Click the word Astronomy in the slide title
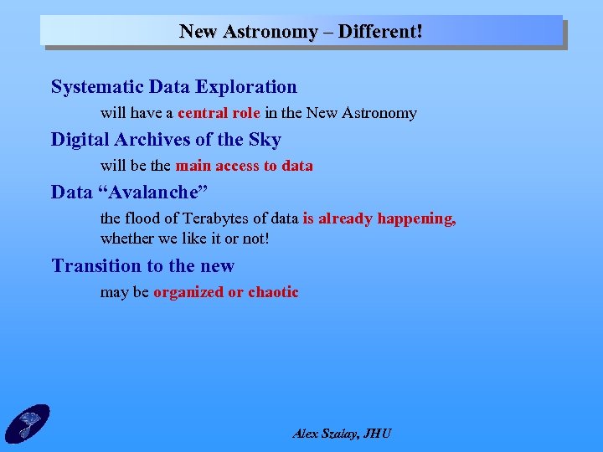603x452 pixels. (272, 32)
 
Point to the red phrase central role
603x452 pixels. (219, 113)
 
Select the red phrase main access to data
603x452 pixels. (244, 166)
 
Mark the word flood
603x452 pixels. (142, 218)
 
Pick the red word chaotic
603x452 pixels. (273, 292)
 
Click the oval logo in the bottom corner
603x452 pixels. (28, 423)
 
